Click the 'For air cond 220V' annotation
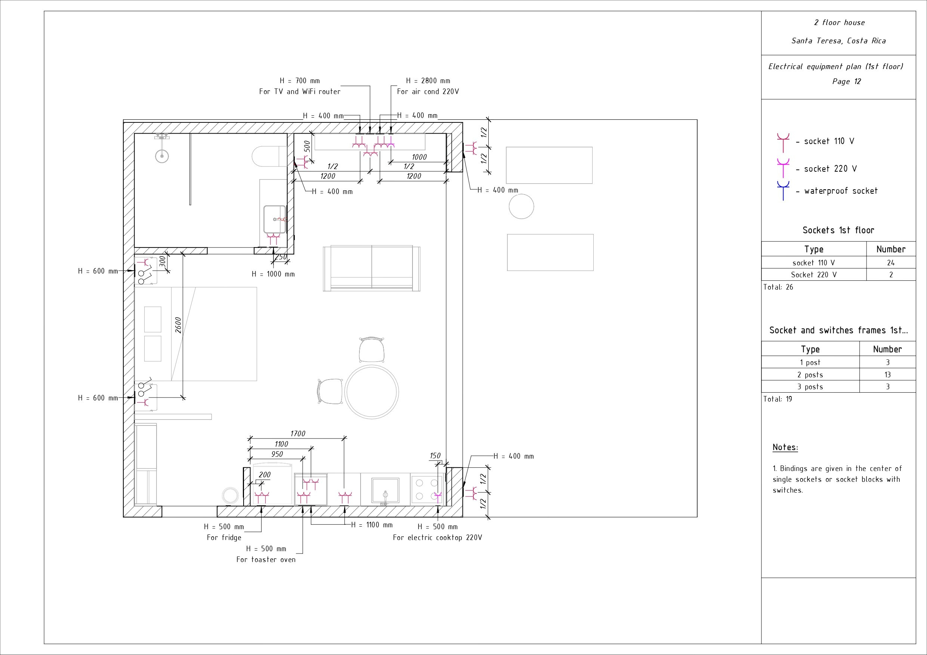pyautogui.click(x=427, y=91)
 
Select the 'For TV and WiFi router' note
pyautogui.click(x=300, y=91)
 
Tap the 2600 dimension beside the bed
pyautogui.click(x=179, y=325)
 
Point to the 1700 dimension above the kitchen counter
pyautogui.click(x=298, y=434)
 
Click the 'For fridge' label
pyautogui.click(x=224, y=538)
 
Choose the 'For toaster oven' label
pyautogui.click(x=266, y=560)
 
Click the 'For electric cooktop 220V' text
pyautogui.click(x=437, y=538)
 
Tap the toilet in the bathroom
pyautogui.click(x=269, y=156)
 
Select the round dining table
pyautogui.click(x=372, y=392)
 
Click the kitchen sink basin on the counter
pyautogui.click(x=385, y=490)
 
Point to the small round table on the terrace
pyautogui.click(x=521, y=206)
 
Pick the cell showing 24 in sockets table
pyautogui.click(x=891, y=263)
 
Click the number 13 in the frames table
pyautogui.click(x=887, y=375)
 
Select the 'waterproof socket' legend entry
pyautogui.click(x=841, y=191)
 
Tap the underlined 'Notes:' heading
pyautogui.click(x=785, y=447)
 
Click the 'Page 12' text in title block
pyautogui.click(x=846, y=81)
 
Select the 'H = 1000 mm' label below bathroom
pyautogui.click(x=274, y=274)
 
